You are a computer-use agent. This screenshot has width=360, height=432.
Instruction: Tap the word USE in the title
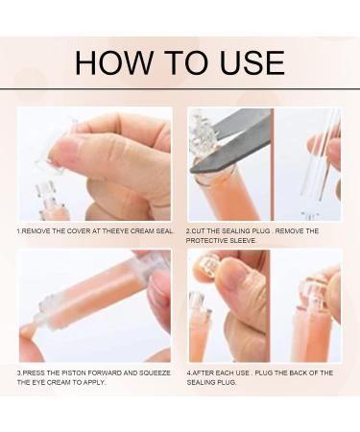coord(252,62)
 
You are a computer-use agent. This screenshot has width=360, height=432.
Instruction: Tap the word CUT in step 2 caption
coord(198,231)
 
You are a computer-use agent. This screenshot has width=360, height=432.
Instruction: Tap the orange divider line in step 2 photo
coord(273,164)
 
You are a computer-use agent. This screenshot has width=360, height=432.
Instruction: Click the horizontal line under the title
coord(180,88)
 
